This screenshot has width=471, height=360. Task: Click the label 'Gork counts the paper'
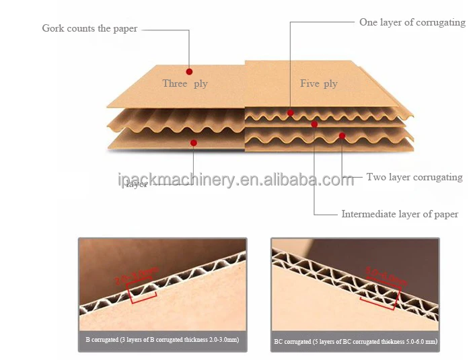89,28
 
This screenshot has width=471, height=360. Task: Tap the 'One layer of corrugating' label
412,22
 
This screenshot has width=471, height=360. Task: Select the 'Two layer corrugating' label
414,177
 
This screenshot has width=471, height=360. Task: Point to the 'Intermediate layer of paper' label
400,214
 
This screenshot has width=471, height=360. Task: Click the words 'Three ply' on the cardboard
184,83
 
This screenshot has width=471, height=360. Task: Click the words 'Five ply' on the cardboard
318,83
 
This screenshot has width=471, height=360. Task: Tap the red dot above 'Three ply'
189,71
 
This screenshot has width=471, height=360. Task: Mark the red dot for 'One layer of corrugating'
291,113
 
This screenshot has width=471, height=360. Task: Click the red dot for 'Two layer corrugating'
342,136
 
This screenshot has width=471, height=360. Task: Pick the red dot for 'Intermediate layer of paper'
314,124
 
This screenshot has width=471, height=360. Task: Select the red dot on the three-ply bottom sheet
194,143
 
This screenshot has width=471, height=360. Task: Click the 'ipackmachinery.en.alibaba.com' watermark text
235,180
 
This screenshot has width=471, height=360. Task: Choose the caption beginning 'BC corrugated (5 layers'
355,342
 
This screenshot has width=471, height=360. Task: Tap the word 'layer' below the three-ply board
137,184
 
